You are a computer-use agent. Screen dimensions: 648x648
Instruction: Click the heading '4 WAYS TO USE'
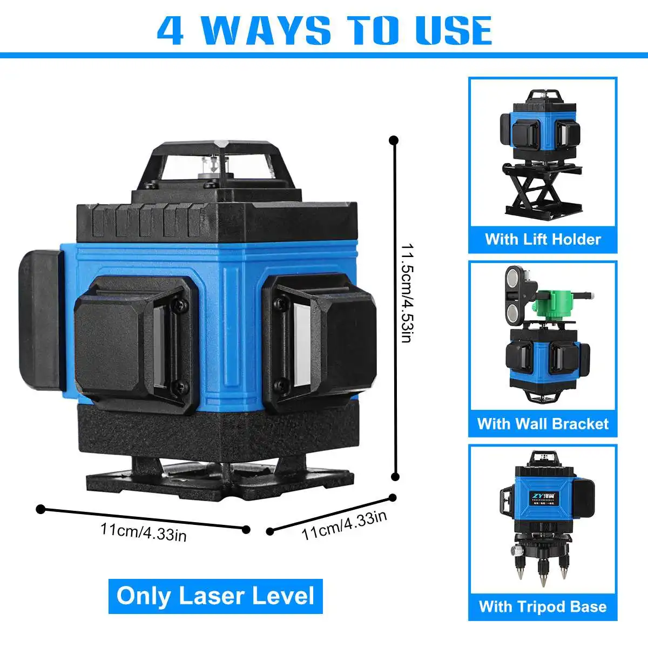pyautogui.click(x=324, y=31)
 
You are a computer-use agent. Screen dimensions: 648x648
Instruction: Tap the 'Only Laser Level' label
pyautogui.click(x=215, y=596)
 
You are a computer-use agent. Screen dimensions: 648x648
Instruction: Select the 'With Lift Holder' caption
pyautogui.click(x=543, y=239)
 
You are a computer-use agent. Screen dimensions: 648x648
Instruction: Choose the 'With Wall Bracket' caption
pyautogui.click(x=543, y=423)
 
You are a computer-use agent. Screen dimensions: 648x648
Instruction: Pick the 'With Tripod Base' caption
pyautogui.click(x=543, y=606)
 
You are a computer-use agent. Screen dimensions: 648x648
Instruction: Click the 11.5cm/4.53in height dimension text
pyautogui.click(x=406, y=292)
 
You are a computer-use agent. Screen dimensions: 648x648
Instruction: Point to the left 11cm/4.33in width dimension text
pyautogui.click(x=143, y=531)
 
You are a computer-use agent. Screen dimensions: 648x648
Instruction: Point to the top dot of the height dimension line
pyautogui.click(x=394, y=140)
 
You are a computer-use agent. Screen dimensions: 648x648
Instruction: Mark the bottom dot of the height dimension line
pyautogui.click(x=395, y=476)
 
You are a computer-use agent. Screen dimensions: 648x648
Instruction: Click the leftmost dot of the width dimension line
pyautogui.click(x=40, y=509)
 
